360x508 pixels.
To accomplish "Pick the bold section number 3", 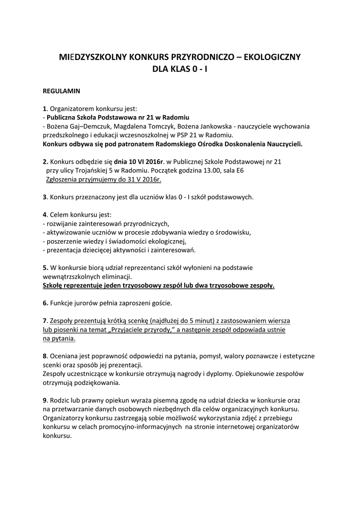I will pyautogui.click(x=44, y=197).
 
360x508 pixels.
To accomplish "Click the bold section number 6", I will pyautogui.click(x=45, y=303).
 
